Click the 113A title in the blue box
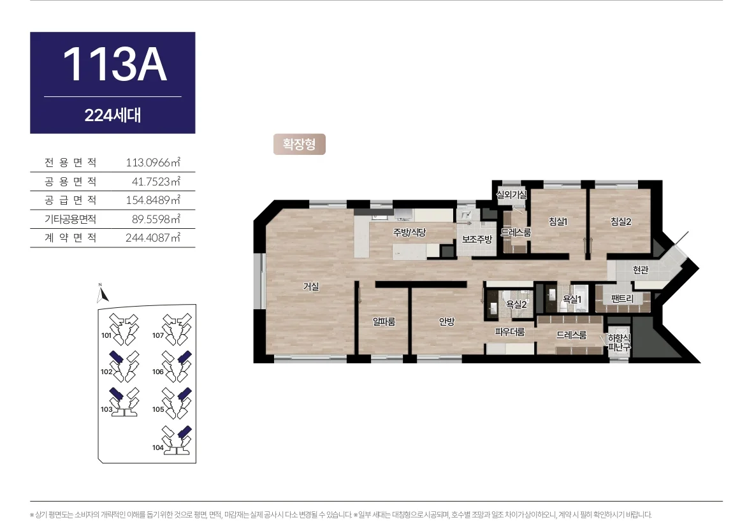(x=115, y=64)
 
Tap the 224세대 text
(x=113, y=115)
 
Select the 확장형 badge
(x=299, y=144)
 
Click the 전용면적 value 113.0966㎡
(x=153, y=163)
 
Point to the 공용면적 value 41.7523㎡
(x=156, y=181)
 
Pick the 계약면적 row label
(x=70, y=237)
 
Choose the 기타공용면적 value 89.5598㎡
(x=156, y=219)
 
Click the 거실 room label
(x=311, y=286)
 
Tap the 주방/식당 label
(x=410, y=232)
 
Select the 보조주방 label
(x=477, y=239)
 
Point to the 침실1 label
(x=558, y=221)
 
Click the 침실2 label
(x=621, y=221)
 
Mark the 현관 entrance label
(x=641, y=270)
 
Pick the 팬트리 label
(x=622, y=298)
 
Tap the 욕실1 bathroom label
(x=572, y=299)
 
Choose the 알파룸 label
(x=384, y=321)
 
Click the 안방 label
(x=446, y=321)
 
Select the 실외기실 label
(x=512, y=194)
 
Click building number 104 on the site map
(x=158, y=447)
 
